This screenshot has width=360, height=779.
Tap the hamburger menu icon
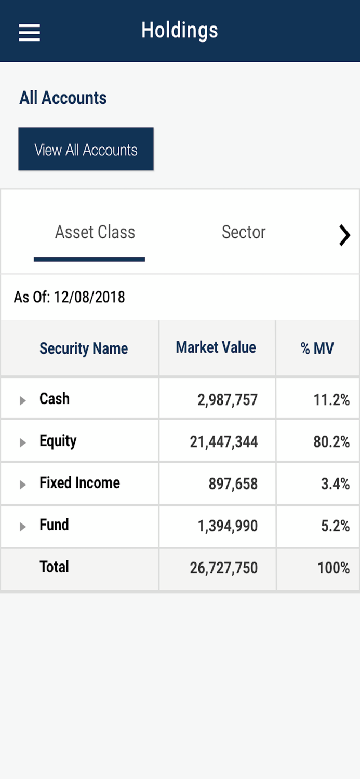29,32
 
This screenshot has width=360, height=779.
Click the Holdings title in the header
180,31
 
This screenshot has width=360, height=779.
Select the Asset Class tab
95,232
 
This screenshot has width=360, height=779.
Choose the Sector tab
243,232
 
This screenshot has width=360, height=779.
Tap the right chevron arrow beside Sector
344,235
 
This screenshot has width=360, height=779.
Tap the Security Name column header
83,348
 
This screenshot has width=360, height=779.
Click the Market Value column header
216,347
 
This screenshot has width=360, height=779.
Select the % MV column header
317,348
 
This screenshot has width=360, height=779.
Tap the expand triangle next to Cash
22,400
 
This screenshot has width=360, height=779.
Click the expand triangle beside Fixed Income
22,485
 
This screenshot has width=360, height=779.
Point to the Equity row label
58,441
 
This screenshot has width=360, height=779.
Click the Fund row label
54,525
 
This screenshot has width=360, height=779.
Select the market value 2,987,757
228,400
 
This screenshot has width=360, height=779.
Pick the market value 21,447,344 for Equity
224,442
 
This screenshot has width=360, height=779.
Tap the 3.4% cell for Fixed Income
335,484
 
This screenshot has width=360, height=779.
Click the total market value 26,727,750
224,568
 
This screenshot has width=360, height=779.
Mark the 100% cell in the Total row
334,568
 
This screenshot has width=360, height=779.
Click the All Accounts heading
63,98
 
